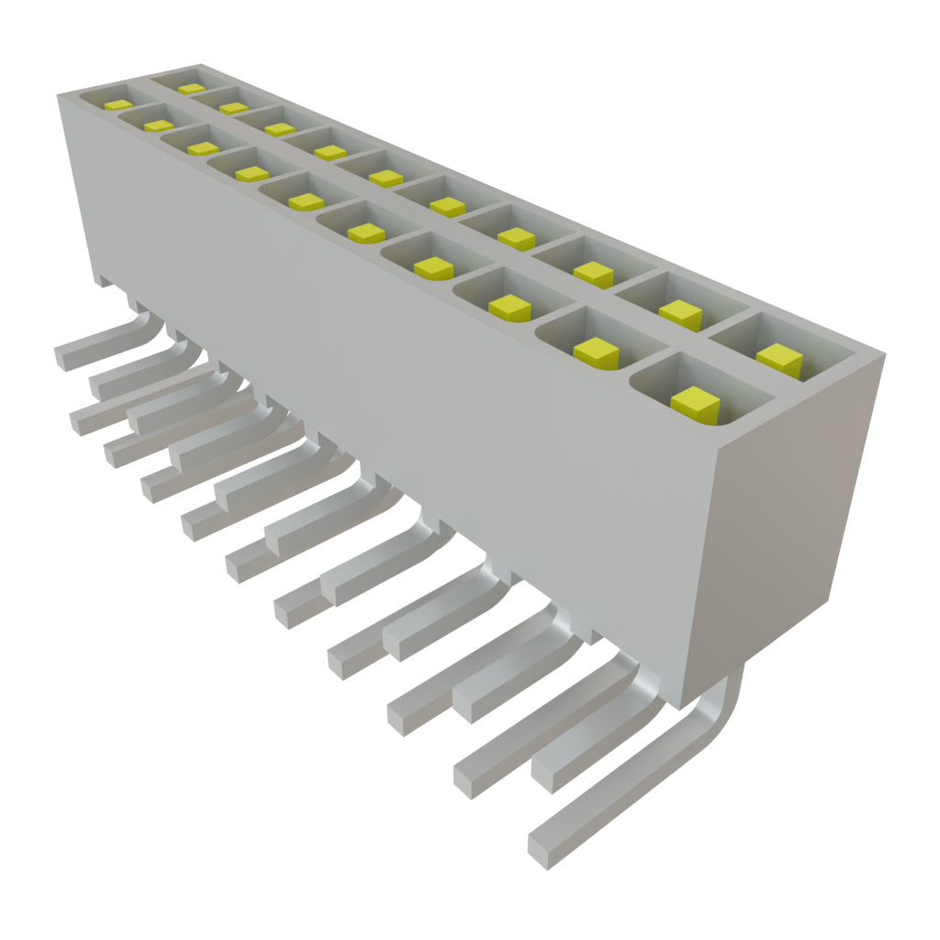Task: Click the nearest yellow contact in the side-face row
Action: tap(694, 403)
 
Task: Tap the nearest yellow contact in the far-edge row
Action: tap(779, 359)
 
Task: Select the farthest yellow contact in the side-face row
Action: tap(118, 105)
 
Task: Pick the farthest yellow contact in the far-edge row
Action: tap(191, 88)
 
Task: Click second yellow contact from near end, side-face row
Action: tap(597, 351)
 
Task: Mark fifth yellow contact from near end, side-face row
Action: tap(365, 232)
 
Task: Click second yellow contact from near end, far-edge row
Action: tap(680, 314)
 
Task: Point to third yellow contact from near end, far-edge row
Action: tap(593, 273)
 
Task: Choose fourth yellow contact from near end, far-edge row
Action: tap(516, 237)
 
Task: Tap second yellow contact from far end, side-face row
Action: tap(158, 125)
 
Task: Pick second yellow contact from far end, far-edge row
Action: tap(233, 107)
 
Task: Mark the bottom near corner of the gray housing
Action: tap(683, 708)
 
